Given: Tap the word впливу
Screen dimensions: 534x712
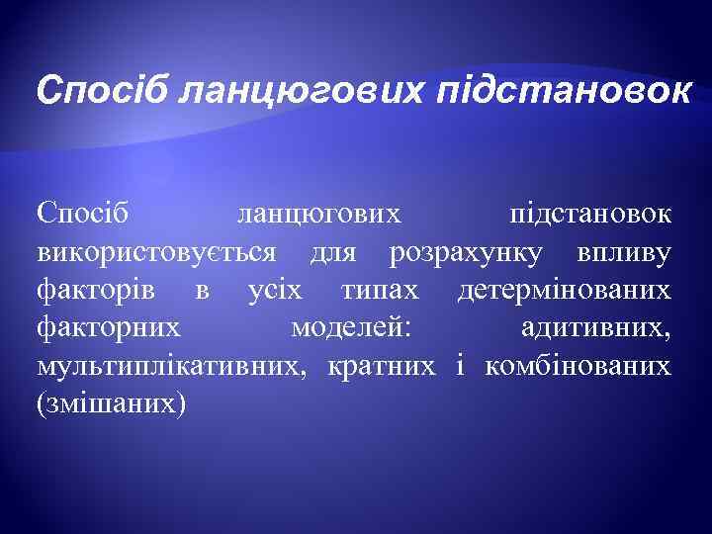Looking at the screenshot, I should tap(623, 253).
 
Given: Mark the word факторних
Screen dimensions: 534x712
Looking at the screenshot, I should tap(108, 328).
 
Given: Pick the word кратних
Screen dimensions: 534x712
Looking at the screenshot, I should tap(380, 366).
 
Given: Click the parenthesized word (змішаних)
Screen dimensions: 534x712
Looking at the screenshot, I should tap(110, 403).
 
